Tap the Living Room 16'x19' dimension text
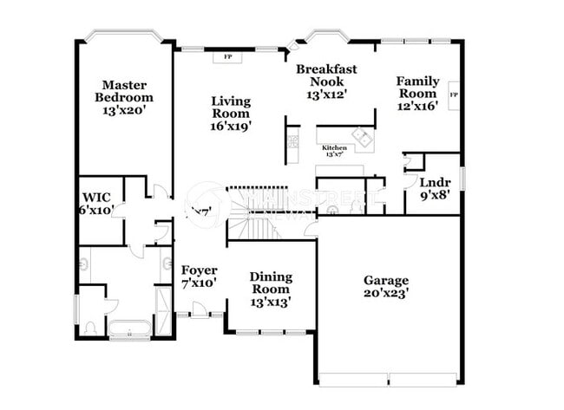coord(231,126)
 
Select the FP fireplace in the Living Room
coord(228,57)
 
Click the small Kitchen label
coord(334,148)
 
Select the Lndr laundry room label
coord(434,183)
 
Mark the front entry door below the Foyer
coord(200,310)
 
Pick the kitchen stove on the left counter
coord(293,140)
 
